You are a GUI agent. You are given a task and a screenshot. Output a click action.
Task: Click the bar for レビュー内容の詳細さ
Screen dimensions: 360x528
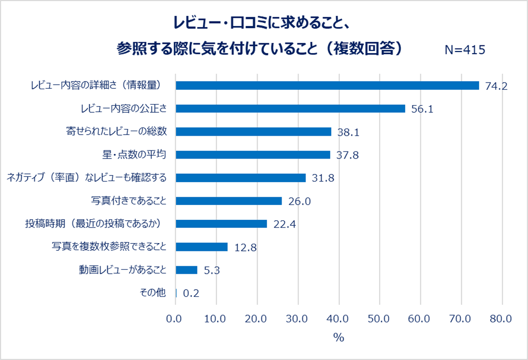(327, 85)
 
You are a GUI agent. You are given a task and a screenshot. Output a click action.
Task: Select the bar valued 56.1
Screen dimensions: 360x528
(290, 109)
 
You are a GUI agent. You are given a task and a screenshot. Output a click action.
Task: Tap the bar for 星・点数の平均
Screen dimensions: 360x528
(253, 155)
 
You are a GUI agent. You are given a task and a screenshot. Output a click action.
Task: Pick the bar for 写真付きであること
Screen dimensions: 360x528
(229, 201)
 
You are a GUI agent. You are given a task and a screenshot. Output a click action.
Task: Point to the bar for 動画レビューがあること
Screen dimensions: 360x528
(186, 270)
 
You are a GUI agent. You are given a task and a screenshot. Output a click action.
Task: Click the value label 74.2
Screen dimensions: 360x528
(496, 86)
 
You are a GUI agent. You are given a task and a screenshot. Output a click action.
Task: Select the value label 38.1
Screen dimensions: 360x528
(348, 132)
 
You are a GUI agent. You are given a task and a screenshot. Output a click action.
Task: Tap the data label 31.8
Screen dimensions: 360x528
(323, 178)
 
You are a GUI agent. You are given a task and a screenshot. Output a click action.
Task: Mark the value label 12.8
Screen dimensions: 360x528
(245, 247)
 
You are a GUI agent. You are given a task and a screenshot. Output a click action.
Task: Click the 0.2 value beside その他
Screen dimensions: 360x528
(190, 293)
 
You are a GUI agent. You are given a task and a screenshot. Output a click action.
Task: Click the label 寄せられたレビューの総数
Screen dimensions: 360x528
(117, 132)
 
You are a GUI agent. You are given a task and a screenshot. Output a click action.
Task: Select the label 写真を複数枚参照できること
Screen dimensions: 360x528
(109, 247)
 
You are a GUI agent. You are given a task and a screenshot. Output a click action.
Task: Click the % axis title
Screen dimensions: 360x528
(339, 338)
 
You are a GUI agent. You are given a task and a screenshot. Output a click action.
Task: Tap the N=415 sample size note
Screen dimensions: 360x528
(465, 49)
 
